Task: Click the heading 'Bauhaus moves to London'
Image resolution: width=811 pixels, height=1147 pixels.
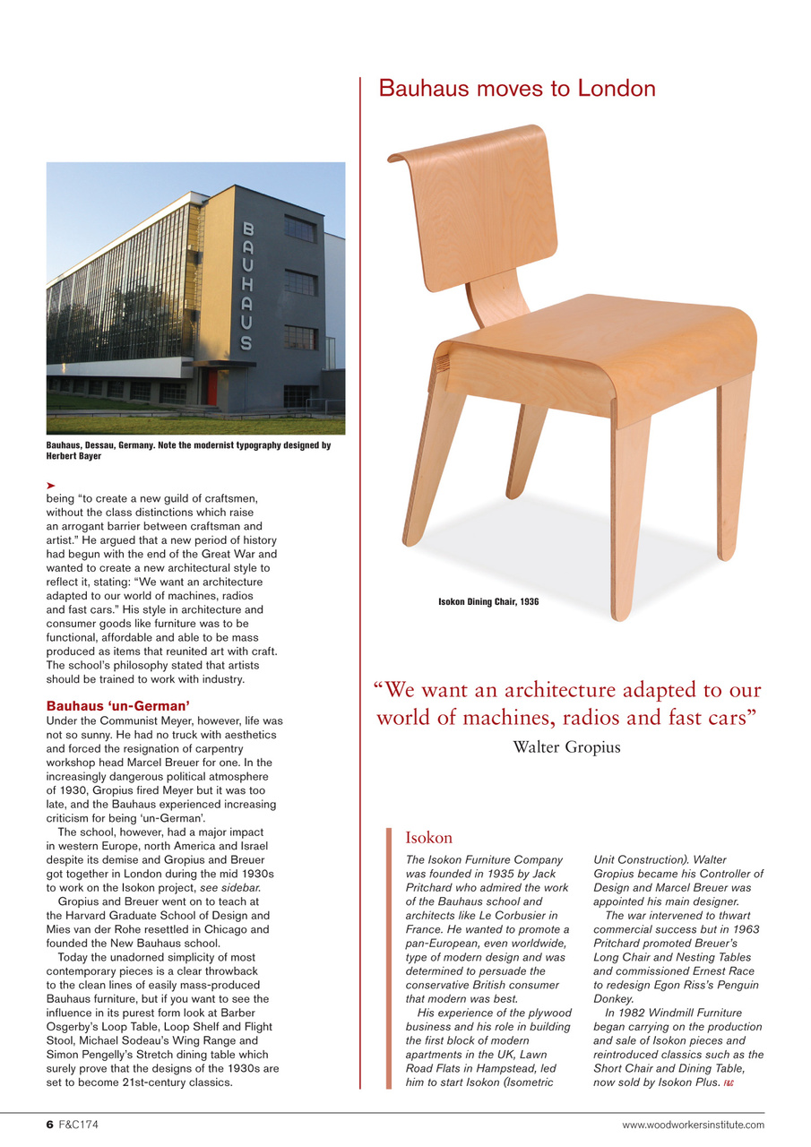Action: pyautogui.click(x=517, y=89)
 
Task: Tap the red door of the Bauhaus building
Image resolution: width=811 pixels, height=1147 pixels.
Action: pyautogui.click(x=212, y=385)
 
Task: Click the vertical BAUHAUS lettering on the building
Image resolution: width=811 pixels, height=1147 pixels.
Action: pyautogui.click(x=246, y=286)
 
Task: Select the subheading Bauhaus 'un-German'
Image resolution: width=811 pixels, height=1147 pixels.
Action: pyautogui.click(x=117, y=706)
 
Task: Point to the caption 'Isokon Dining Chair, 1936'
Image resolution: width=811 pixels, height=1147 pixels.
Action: pyautogui.click(x=487, y=602)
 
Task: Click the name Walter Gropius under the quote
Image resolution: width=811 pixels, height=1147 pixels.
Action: pyautogui.click(x=566, y=746)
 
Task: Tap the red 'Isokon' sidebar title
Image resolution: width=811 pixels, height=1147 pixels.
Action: pyautogui.click(x=428, y=838)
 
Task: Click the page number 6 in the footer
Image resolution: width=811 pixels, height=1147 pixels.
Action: pyautogui.click(x=50, y=1125)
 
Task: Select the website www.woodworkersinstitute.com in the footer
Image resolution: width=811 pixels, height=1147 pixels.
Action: pyautogui.click(x=694, y=1125)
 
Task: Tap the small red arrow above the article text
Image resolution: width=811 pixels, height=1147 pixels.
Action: pyautogui.click(x=51, y=485)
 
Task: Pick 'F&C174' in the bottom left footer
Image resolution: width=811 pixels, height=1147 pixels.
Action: pyautogui.click(x=81, y=1125)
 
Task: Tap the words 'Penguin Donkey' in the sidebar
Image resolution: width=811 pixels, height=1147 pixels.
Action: pyautogui.click(x=681, y=992)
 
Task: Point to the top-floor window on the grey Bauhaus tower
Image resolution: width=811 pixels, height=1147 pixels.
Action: pyautogui.click(x=300, y=229)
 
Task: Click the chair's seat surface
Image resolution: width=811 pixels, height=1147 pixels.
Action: pyautogui.click(x=609, y=336)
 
